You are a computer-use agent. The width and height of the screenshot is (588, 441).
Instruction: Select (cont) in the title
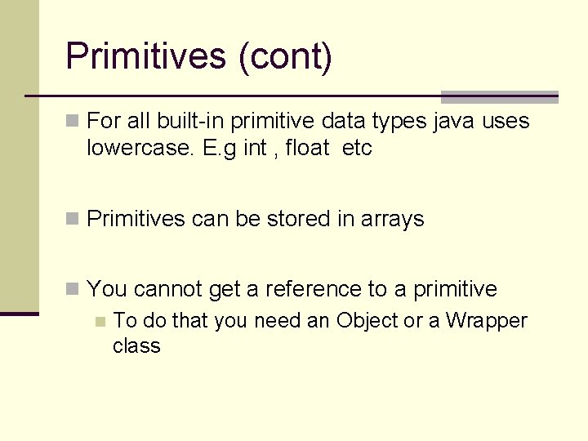[x=285, y=57]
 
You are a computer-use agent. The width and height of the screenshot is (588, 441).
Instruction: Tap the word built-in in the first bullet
[x=189, y=122]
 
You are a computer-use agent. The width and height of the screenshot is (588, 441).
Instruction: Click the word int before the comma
[x=255, y=149]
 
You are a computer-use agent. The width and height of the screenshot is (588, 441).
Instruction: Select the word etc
[x=357, y=149]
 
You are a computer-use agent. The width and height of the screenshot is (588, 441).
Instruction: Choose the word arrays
[x=393, y=219]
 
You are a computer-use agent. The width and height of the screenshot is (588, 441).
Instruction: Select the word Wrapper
[x=487, y=321]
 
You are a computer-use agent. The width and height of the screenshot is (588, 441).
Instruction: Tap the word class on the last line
[x=136, y=345]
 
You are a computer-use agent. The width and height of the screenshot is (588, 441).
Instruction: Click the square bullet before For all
[x=73, y=122]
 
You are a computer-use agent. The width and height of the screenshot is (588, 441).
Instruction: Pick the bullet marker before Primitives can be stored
[x=73, y=219]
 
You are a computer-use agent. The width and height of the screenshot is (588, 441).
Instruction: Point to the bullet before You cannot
[x=73, y=289]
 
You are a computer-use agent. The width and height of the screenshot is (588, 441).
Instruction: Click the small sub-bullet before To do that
[x=100, y=322]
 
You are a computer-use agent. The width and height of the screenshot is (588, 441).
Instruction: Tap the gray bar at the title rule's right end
[x=499, y=96]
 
